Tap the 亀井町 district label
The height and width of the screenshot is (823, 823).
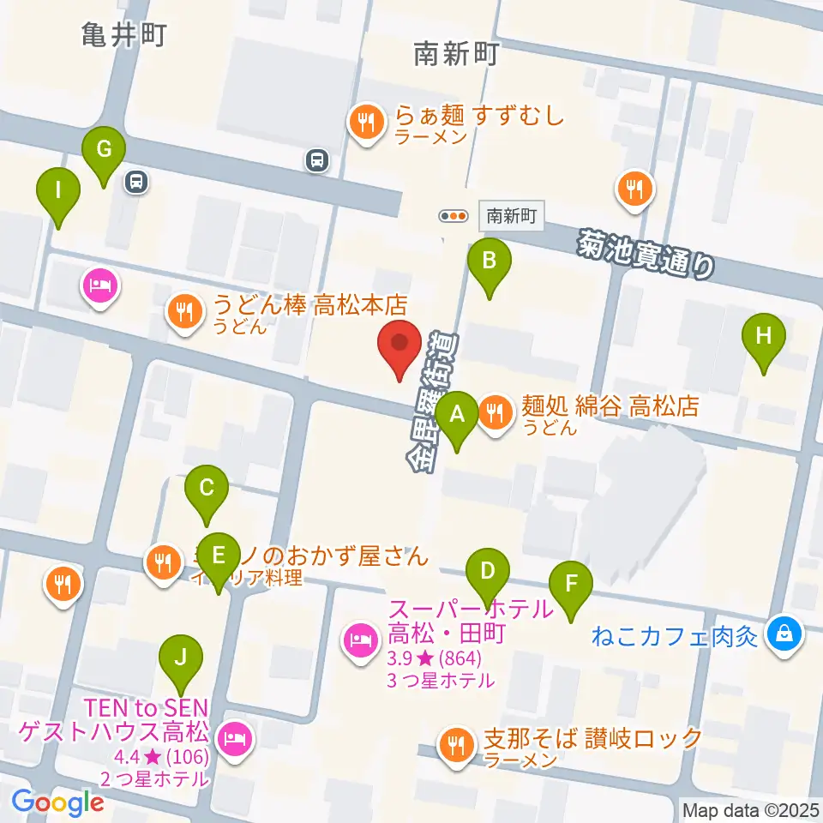pos(123,36)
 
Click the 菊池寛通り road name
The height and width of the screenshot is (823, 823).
pos(645,254)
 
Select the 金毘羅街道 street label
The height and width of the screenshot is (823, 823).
pos(433,399)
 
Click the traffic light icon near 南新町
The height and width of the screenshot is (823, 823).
pos(454,216)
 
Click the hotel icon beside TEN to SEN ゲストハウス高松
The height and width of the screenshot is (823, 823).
pos(232,736)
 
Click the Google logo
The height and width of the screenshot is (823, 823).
pos(57,802)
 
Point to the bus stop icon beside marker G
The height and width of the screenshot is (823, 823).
pos(135,180)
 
